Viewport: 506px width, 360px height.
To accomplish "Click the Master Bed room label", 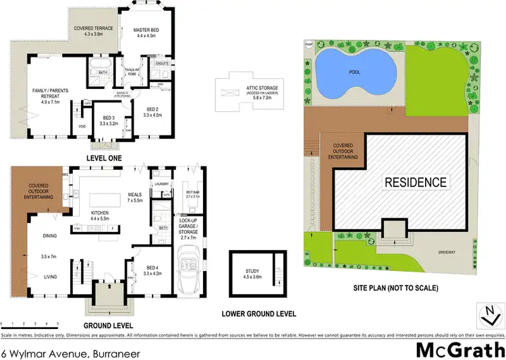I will (x=146, y=33).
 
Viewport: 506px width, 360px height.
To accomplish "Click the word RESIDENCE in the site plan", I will (x=416, y=182).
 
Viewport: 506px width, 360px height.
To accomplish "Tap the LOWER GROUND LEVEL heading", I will (x=260, y=313).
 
